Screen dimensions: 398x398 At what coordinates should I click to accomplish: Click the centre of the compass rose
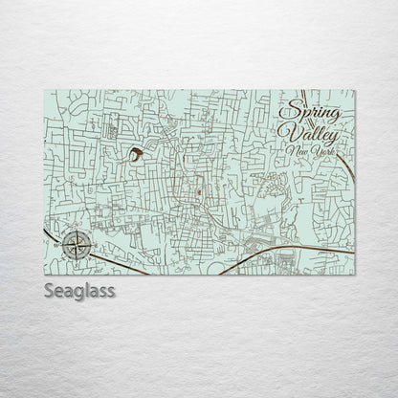[x=78, y=246]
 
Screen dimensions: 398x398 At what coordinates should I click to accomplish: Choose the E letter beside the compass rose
[x=94, y=246]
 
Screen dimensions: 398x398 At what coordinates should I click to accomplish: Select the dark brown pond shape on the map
[x=137, y=153]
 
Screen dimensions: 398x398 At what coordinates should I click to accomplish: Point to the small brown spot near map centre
[x=198, y=194]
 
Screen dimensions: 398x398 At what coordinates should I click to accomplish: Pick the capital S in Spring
[x=291, y=110]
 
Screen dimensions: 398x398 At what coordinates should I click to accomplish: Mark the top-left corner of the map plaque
[x=44, y=91]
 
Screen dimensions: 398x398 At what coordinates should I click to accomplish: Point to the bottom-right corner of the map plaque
[x=354, y=274]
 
